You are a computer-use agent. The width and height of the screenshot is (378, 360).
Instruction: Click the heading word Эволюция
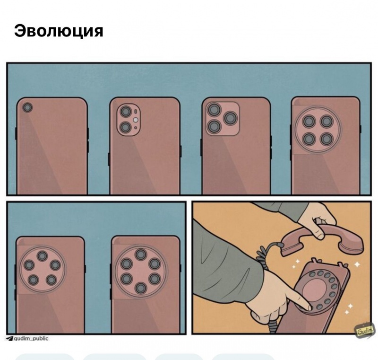tap(59, 31)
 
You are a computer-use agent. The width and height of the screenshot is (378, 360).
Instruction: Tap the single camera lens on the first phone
tap(27, 107)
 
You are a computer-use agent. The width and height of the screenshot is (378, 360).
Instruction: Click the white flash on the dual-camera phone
tap(136, 120)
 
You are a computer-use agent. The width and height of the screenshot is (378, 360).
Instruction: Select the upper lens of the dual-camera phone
tap(126, 112)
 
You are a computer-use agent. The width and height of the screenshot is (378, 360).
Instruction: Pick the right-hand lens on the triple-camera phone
tap(231, 118)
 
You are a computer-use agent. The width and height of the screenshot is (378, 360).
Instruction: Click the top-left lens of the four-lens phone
tap(309, 122)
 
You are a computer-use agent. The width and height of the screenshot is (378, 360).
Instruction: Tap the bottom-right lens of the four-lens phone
tap(326, 139)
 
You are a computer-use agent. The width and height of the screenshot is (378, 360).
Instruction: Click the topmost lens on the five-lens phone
tap(43, 256)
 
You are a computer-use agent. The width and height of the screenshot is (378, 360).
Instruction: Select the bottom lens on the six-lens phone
tap(141, 289)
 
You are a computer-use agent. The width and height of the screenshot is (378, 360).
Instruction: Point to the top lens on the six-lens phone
tap(141, 255)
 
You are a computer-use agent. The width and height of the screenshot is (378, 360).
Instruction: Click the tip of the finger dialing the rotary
tap(309, 308)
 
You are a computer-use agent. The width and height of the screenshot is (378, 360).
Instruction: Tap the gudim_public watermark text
tap(31, 339)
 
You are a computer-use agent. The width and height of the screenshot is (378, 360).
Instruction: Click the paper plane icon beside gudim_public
tap(9, 339)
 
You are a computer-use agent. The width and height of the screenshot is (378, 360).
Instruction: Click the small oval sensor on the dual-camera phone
tap(136, 112)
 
